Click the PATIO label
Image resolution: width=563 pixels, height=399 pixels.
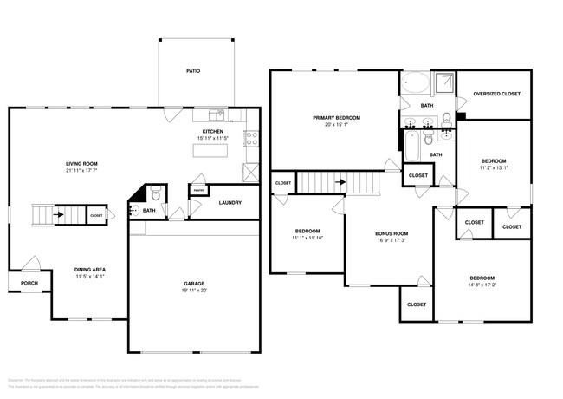193,70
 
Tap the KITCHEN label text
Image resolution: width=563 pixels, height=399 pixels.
213,132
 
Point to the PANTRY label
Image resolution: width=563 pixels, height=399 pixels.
198,190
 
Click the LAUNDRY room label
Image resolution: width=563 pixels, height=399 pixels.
230,203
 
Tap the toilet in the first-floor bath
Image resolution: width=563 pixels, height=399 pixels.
154,193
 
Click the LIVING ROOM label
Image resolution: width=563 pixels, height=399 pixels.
81,163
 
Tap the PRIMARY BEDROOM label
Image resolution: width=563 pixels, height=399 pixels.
336,117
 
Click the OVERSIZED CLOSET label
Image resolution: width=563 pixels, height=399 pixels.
496,93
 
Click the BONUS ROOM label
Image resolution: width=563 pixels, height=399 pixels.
390,234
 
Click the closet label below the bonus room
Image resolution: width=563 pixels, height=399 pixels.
416,304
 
